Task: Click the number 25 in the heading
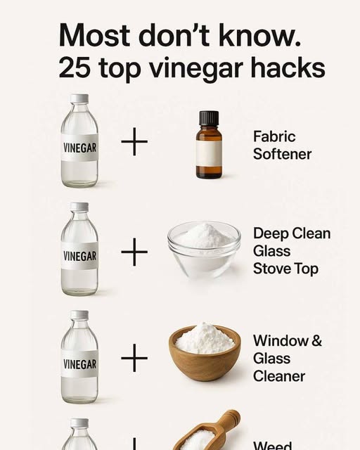pos(74,68)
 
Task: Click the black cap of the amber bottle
pos(209,118)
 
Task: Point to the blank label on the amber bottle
pos(209,153)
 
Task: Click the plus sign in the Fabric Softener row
pos(134,141)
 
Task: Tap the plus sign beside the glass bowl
pos(134,252)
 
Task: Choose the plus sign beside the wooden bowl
pos(134,358)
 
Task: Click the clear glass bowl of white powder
pos(204,250)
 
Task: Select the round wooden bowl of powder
pos(205,352)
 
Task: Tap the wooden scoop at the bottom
pos(206,431)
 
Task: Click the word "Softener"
pos(282,154)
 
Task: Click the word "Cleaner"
pos(279,376)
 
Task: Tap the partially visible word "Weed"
pos(273,446)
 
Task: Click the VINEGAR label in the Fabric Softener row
pos(80,148)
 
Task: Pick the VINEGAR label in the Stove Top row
pos(80,256)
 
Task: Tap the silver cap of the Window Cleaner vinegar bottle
pos(79,314)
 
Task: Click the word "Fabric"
pos(274,136)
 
